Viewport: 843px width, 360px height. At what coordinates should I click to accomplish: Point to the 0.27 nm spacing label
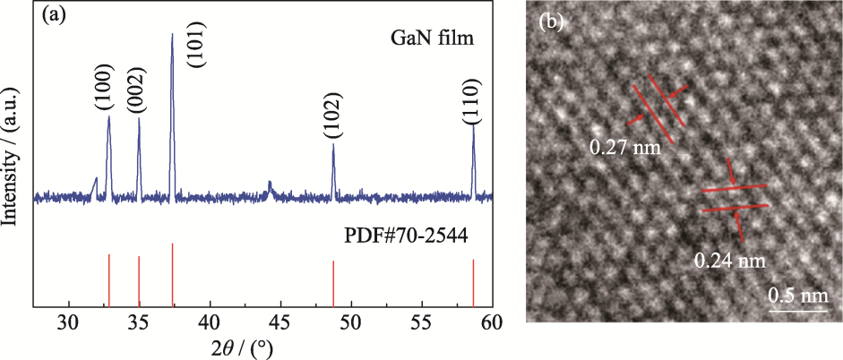(624, 146)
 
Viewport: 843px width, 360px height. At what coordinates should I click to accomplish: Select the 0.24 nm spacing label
(729, 261)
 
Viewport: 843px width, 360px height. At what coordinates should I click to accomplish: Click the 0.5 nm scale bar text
(797, 295)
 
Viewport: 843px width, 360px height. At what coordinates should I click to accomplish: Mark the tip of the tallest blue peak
(172, 34)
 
